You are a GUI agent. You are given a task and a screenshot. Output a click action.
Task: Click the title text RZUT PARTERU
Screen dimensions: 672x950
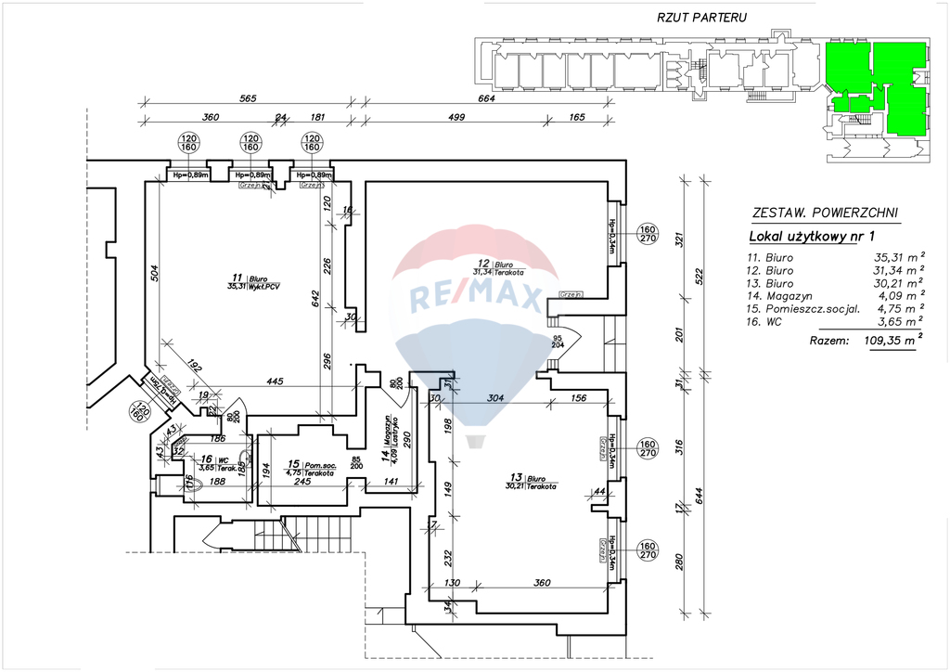tap(701, 17)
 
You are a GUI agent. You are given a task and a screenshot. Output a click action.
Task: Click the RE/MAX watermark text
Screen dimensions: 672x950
tap(475, 298)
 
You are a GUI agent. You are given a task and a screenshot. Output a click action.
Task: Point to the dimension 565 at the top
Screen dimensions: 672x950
tap(248, 97)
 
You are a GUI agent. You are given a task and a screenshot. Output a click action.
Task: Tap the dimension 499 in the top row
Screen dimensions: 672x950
tap(456, 117)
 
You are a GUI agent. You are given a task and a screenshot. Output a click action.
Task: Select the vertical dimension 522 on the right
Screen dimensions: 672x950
tap(702, 276)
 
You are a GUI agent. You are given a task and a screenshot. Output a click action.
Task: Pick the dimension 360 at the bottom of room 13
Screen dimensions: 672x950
tap(543, 582)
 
